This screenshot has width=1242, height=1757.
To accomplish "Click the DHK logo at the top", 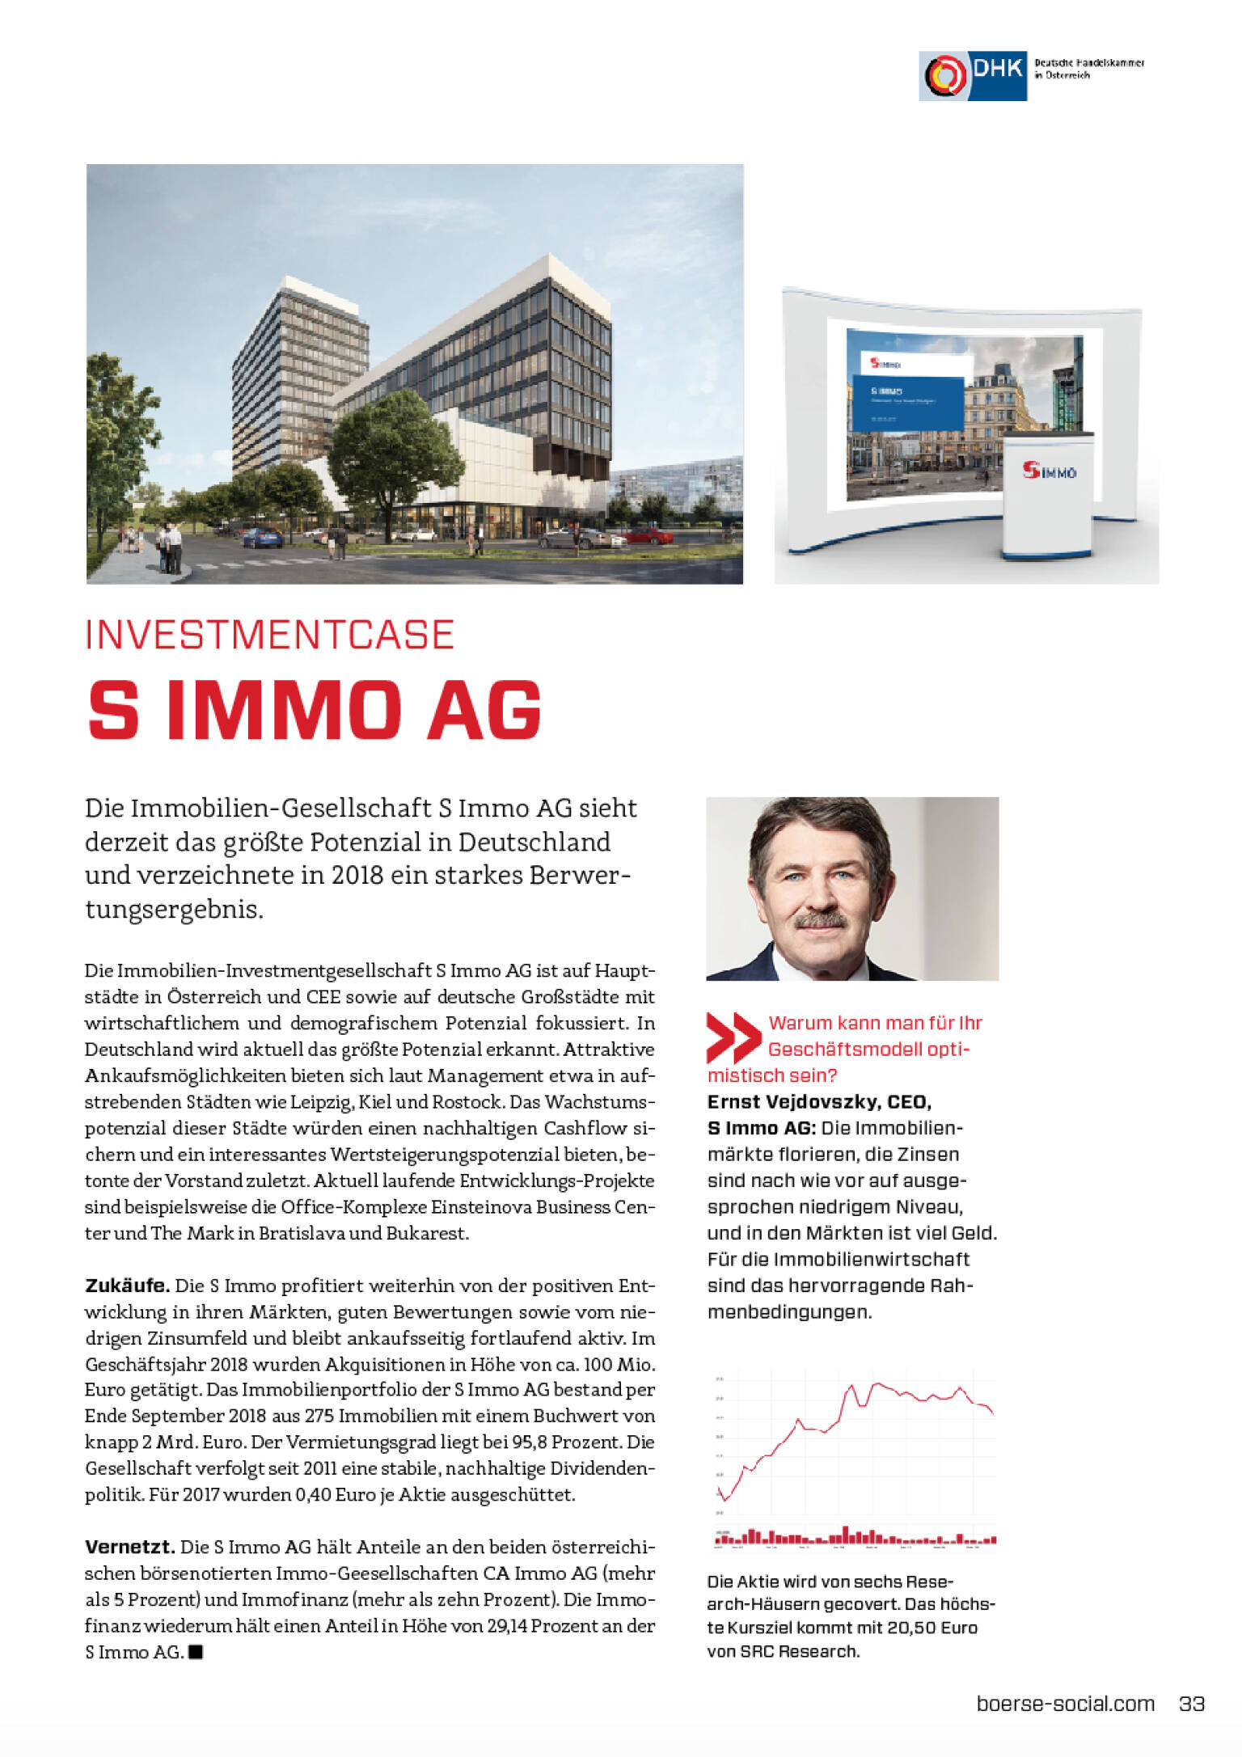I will tap(973, 75).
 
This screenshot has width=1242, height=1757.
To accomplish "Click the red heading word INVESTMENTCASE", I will tap(269, 635).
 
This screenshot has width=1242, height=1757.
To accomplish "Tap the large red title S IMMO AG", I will tap(314, 710).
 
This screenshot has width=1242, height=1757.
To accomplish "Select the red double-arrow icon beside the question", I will tap(733, 1037).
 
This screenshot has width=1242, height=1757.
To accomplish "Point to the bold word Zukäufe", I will tap(127, 1286).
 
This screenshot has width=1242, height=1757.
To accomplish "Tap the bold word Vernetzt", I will tap(129, 1547).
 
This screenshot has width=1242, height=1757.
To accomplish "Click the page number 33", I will tap(1192, 1704).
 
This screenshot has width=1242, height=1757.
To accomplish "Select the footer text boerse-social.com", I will tap(1065, 1704).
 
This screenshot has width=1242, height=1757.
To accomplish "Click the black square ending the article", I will tap(196, 1652).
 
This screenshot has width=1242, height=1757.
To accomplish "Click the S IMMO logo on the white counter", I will tap(1049, 471).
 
